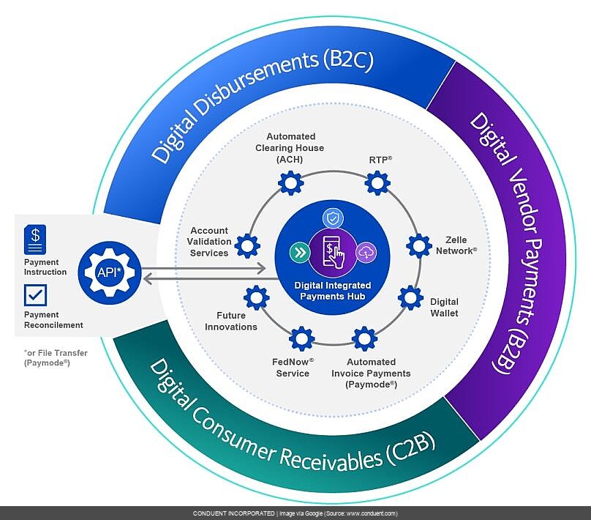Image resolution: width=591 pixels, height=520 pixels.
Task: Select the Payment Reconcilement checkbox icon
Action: [34, 295]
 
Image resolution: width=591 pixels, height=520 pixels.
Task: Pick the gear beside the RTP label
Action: [377, 182]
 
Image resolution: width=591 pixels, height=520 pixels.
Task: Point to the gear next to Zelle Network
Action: [418, 245]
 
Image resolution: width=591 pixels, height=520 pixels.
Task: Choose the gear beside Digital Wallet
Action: [410, 298]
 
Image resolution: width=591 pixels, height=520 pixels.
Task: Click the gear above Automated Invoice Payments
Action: [364, 338]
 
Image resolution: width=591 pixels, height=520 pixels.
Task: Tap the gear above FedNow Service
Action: [301, 338]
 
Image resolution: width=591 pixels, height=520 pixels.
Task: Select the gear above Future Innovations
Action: [257, 297]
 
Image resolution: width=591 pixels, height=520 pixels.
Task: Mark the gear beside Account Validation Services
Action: [248, 243]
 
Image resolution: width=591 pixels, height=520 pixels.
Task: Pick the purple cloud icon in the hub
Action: [365, 253]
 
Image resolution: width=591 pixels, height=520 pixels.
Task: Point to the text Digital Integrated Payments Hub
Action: [332, 290]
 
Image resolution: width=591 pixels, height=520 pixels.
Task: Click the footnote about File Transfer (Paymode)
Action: [56, 357]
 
